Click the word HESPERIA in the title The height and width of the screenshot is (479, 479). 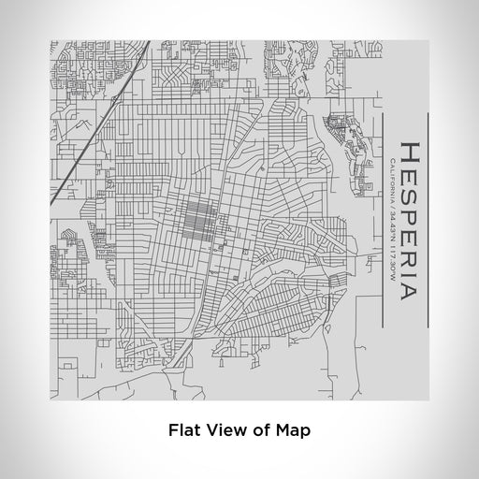(x=409, y=220)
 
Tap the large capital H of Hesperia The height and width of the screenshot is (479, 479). (x=409, y=152)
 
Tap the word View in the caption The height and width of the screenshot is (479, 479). (x=223, y=432)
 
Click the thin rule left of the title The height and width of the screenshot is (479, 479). (x=383, y=220)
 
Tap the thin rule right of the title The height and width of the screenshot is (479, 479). (x=427, y=220)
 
